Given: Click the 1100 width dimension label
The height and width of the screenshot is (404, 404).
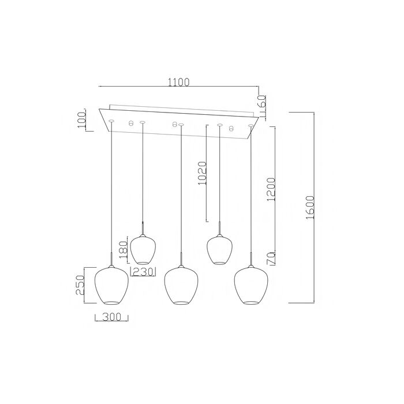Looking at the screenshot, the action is point(179,82).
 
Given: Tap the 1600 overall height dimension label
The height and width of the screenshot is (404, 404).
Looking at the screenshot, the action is point(310,207).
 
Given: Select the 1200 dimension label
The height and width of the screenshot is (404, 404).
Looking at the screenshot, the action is point(271,189).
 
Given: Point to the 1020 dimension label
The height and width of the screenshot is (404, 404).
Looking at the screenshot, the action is point(202,173).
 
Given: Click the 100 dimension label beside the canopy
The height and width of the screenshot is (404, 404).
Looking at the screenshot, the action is point(82,119).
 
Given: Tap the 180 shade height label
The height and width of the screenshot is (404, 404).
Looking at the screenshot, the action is point(124,250).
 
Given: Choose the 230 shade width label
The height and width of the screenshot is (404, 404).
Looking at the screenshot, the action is point(143,272).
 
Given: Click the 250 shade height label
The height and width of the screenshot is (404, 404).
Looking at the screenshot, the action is point(80,285).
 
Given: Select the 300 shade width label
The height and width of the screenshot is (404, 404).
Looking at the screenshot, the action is point(112,317).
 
